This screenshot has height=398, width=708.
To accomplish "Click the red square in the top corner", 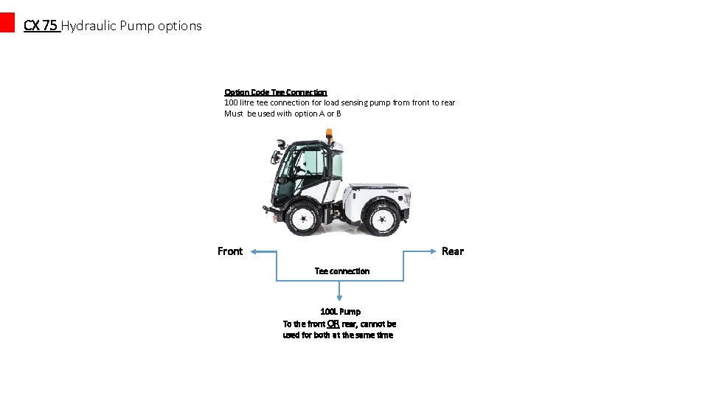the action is coord(7,23).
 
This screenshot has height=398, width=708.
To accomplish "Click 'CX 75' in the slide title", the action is coord(41,26).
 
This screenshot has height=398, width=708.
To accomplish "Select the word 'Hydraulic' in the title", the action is coord(88,26).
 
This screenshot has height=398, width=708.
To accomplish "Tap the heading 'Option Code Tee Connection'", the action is coord(276,92).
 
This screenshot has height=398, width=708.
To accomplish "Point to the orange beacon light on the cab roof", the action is coord(329,134).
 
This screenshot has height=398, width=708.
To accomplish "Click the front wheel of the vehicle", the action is coord(302,217).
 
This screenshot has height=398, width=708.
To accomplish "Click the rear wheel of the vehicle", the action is coord(383,217).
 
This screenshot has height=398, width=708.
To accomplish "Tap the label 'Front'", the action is coord(230,251).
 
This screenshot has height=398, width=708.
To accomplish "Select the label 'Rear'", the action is coord(453,251).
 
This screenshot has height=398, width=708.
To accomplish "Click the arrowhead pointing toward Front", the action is coord(253,251).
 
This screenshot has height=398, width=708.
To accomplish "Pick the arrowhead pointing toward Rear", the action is coord(434,251).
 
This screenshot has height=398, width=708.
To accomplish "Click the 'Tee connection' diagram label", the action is coord(342,271).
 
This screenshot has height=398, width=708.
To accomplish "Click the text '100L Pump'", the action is coord(341,312).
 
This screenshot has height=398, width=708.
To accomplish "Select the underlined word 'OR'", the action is coord(333,324).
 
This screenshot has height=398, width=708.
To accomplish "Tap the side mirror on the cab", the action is coord(276,156).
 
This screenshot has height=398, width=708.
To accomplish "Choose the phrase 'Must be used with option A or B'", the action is coord(282,114).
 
